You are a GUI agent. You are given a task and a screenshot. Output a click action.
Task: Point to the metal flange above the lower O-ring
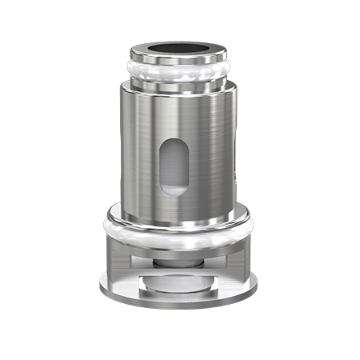click(179, 216)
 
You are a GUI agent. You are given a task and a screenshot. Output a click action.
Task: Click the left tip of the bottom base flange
click(102, 282)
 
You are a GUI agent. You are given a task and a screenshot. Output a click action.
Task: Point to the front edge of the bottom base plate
click(180, 302)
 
